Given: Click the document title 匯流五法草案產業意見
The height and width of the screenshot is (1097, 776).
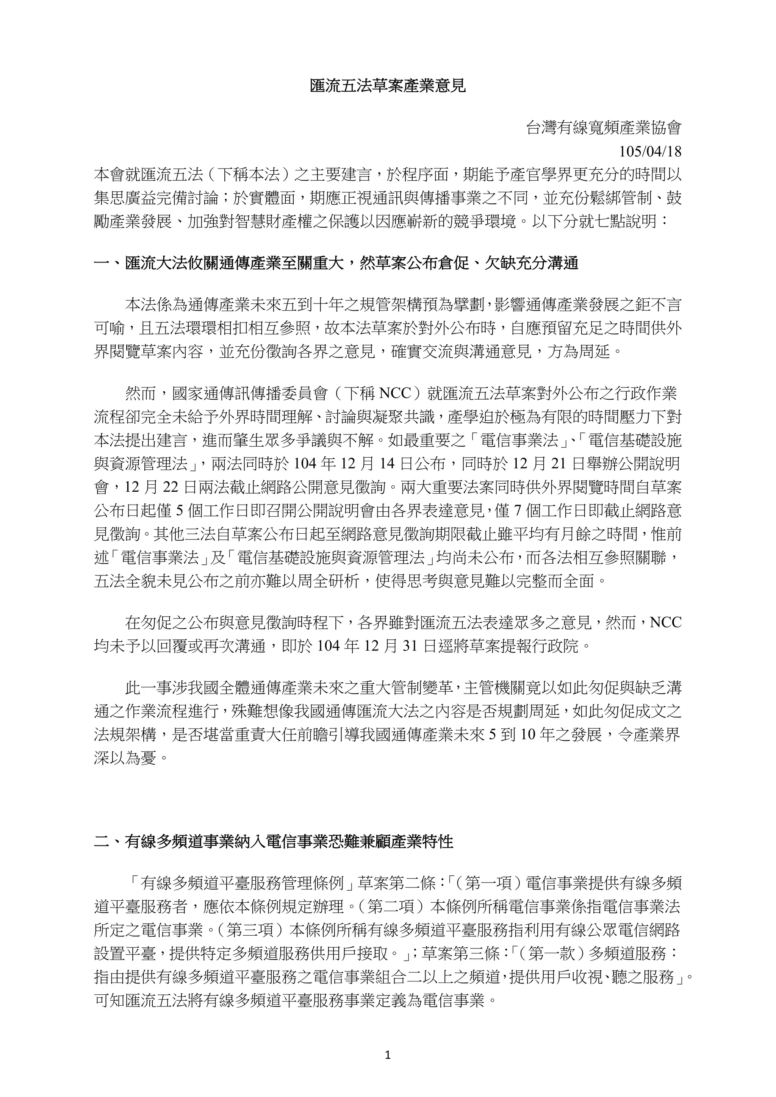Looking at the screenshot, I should (x=388, y=86).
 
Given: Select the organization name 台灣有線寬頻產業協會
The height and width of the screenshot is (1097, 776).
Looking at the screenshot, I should (x=603, y=128).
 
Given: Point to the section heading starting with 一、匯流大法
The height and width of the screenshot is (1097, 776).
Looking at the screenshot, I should (x=336, y=263).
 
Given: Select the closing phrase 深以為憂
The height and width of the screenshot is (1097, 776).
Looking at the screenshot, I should (x=125, y=758).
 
